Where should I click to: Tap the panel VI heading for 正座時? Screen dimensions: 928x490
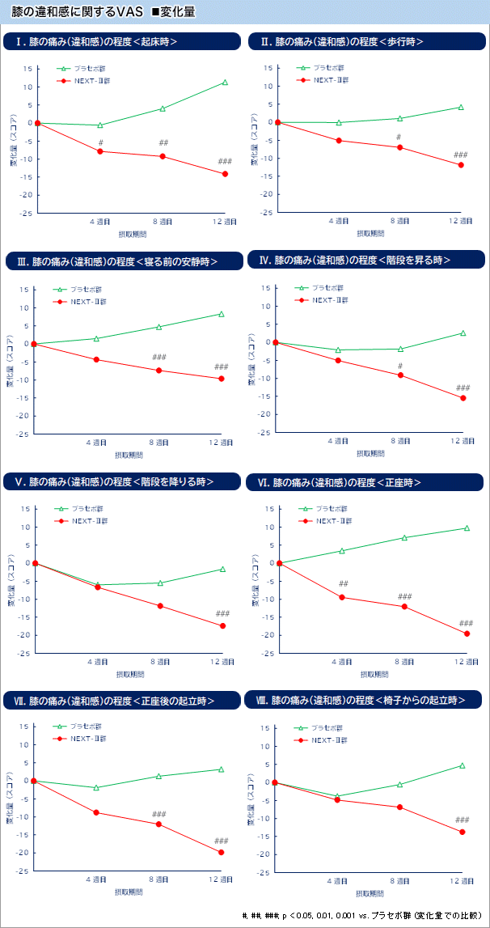point(340,482)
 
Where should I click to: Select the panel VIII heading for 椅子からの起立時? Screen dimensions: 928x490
point(368,700)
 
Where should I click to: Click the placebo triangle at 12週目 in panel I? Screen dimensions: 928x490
point(225,82)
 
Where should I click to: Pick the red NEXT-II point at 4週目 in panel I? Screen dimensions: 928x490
point(100,151)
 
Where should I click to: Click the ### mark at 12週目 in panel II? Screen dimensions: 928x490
point(461,155)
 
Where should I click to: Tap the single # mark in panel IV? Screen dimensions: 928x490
point(399,366)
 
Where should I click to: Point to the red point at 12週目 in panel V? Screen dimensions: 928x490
point(222,625)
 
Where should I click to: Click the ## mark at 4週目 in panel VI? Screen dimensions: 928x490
point(343,583)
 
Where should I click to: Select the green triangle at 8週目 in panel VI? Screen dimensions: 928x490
point(404,537)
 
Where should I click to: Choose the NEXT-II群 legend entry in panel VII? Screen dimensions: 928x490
point(85,738)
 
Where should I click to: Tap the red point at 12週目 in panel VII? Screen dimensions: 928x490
point(221,852)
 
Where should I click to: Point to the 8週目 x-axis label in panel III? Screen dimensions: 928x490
point(159,443)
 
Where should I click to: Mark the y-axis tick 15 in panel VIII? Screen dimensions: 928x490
point(265,728)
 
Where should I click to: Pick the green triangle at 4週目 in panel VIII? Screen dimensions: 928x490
point(336,796)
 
